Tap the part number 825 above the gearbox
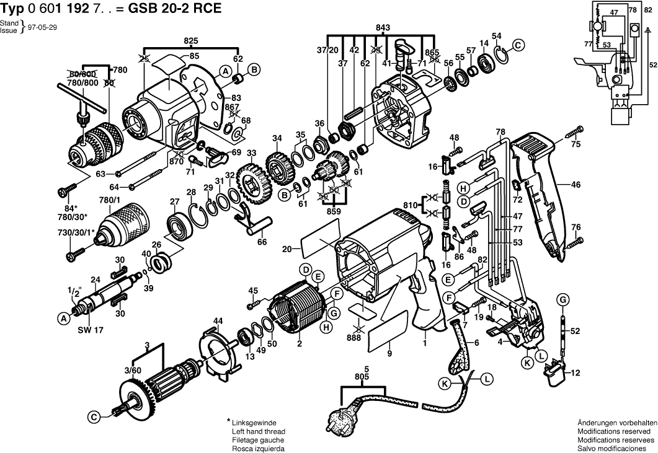(x=191, y=41)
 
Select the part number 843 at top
(x=383, y=27)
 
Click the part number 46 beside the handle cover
(x=576, y=184)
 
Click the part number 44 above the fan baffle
(x=218, y=320)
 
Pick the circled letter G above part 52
(x=562, y=300)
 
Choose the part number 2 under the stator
(x=300, y=345)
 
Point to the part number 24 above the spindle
(x=96, y=280)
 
